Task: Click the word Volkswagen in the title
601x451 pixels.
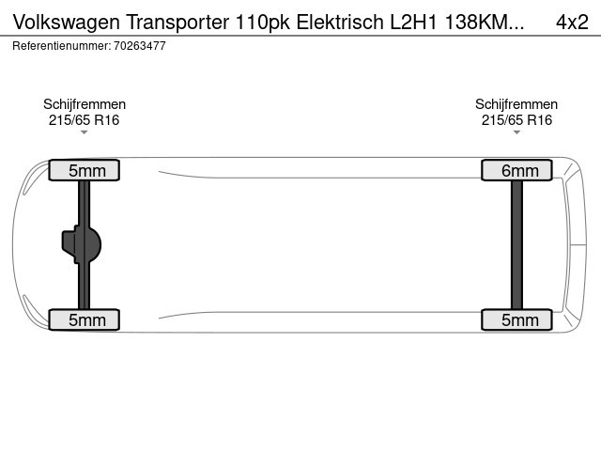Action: [x=67, y=23]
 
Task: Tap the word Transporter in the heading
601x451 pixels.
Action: [x=177, y=22]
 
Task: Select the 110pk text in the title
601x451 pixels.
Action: [x=263, y=22]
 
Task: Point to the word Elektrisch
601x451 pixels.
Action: [x=340, y=22]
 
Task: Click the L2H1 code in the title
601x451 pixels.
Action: [x=413, y=22]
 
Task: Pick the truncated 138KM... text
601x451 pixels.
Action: [x=485, y=22]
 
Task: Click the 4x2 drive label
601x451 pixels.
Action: [x=572, y=22]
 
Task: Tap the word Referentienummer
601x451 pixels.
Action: [x=62, y=46]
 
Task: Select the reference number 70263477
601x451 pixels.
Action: [x=140, y=46]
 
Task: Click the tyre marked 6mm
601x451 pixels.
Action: [x=516, y=170]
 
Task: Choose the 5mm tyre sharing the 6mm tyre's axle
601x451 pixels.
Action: [x=516, y=319]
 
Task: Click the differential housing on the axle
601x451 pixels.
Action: [x=82, y=244]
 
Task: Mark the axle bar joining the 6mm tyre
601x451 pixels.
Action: [x=516, y=244]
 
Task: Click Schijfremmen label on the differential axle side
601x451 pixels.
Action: [x=85, y=104]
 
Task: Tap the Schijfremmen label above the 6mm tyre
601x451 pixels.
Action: [x=516, y=104]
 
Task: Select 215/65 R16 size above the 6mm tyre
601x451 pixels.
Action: [x=516, y=120]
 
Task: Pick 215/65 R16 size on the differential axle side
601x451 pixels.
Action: [x=84, y=120]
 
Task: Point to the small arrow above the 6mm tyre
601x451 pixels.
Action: [x=516, y=132]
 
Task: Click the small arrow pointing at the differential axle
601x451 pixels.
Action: [x=84, y=132]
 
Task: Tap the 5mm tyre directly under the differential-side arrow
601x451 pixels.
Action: [x=84, y=170]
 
